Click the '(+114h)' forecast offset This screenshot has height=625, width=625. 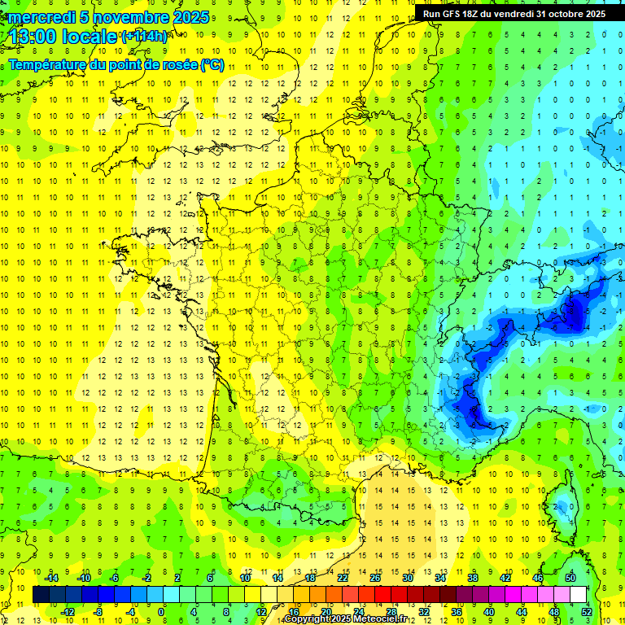(x=144, y=37)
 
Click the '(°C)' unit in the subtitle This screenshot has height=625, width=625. (x=212, y=64)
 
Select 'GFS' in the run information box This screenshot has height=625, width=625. (x=452, y=14)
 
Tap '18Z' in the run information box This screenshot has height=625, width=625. (x=475, y=14)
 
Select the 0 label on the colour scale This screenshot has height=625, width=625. (x=161, y=612)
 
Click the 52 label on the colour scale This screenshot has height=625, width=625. (x=586, y=612)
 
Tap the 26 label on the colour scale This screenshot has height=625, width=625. (x=374, y=577)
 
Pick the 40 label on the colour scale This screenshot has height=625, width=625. (x=489, y=612)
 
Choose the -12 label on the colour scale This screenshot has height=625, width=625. (x=67, y=612)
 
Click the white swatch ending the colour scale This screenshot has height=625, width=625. (x=579, y=595)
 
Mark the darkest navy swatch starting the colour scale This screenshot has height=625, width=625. (x=42, y=595)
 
